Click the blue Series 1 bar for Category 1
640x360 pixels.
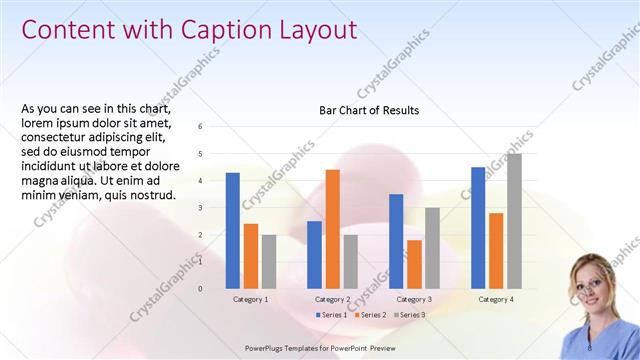(232, 231)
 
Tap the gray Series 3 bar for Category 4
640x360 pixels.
(514, 221)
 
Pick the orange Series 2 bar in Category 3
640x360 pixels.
(414, 264)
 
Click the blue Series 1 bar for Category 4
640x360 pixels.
(478, 228)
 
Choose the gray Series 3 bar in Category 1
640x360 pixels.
(268, 262)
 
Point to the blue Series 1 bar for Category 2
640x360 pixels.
(314, 255)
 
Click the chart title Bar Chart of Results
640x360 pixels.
(369, 110)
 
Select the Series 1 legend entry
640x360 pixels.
(333, 315)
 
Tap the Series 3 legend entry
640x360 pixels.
(409, 315)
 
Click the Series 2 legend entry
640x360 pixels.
(371, 315)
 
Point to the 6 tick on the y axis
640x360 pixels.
(201, 127)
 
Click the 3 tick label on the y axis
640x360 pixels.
(201, 208)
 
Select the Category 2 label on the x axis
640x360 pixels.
(332, 299)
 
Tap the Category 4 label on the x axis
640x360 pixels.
(496, 299)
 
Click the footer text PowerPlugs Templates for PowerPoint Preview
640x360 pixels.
(320, 348)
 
